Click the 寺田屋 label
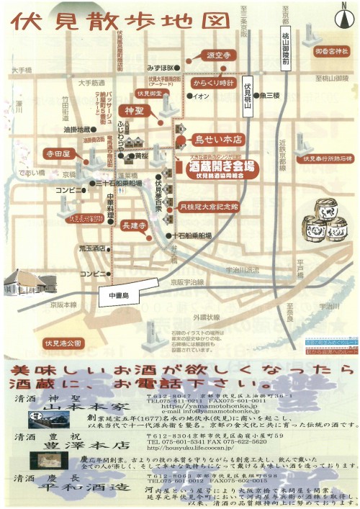click(57, 153)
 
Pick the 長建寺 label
click(135, 225)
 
